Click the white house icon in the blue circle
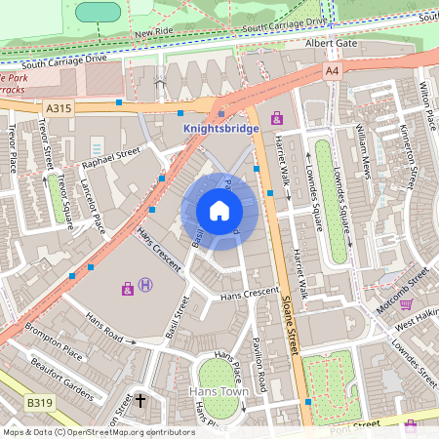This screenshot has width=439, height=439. coord(219,210)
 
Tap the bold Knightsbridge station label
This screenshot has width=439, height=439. coord(221,129)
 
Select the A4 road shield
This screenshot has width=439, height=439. coord(333,70)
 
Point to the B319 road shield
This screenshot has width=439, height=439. coord(40,402)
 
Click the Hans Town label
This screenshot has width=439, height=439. coord(219,391)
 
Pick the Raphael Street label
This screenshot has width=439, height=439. coord(112,157)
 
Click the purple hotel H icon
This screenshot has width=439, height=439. coord(145,285)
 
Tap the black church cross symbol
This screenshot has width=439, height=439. coord(140,400)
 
